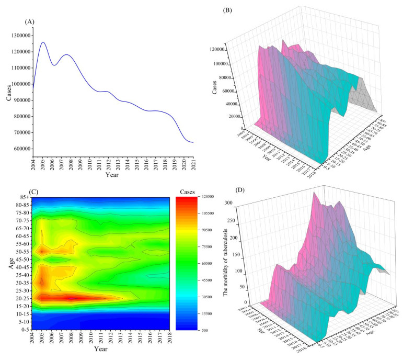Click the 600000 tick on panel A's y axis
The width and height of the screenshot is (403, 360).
[x=17, y=149]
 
